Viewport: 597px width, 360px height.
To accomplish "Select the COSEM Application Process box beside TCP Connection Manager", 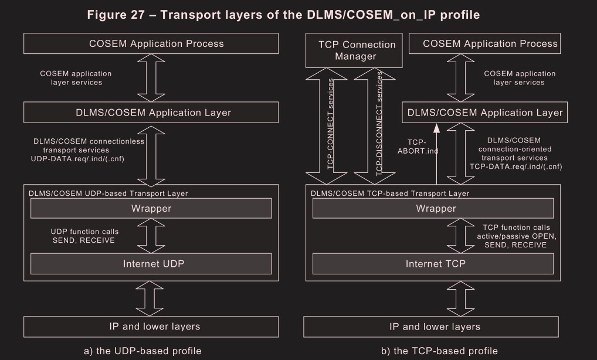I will click(490, 43).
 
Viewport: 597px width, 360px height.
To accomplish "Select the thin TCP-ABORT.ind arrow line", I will click(436, 155).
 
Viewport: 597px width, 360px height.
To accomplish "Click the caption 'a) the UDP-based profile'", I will click(143, 351).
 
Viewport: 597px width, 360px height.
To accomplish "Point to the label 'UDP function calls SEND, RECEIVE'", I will click(84, 236).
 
